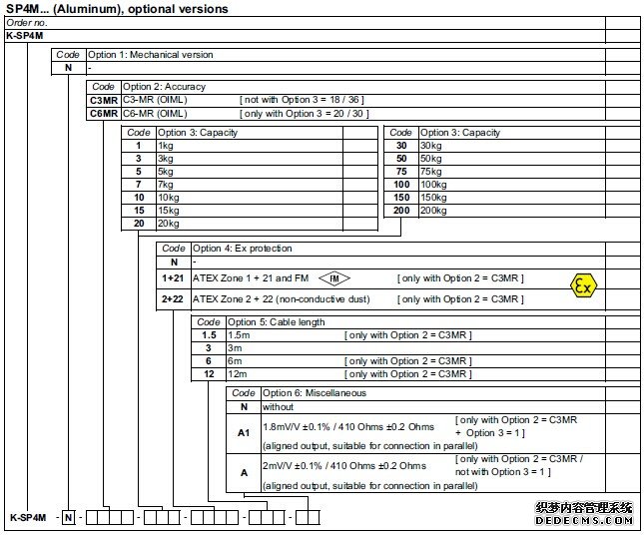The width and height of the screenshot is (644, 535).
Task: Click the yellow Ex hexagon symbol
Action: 582,285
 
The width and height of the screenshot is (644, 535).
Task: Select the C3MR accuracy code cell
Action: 104,100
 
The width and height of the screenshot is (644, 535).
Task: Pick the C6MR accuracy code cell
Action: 104,113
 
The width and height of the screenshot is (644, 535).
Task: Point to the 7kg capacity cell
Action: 166,185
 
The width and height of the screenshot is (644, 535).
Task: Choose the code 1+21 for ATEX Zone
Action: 174,276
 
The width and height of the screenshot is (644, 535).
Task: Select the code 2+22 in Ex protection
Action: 174,298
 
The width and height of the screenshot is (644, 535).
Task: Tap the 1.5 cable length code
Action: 209,335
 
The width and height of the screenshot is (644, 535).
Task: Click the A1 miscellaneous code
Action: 244,432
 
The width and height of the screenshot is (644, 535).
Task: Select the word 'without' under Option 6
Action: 279,406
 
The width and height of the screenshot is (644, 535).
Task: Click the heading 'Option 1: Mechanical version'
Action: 150,55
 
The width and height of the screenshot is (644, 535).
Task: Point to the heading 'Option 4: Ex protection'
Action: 242,248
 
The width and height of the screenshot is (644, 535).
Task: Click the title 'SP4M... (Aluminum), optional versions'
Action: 117,9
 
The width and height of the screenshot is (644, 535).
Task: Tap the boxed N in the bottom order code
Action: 68,517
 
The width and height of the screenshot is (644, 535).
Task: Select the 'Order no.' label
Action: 27,22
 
